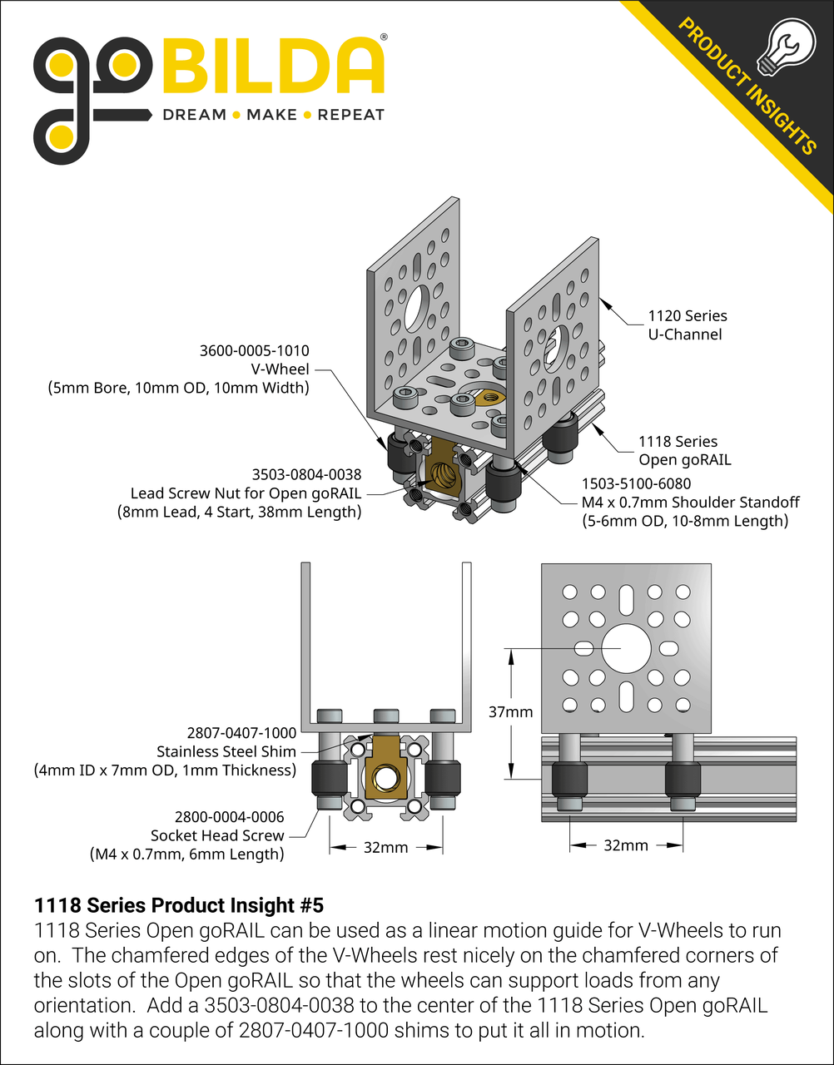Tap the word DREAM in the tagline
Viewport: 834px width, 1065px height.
click(194, 115)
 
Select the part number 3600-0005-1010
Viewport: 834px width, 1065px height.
click(254, 351)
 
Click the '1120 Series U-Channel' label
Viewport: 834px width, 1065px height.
click(687, 325)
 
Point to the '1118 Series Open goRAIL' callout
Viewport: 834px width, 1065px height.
click(678, 451)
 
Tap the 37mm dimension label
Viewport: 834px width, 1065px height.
click(510, 712)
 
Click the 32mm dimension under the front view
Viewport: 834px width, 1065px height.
click(386, 848)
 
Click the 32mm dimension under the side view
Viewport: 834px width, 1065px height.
click(625, 845)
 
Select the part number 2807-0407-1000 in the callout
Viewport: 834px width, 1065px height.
click(241, 733)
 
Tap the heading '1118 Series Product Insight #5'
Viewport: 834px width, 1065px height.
click(178, 905)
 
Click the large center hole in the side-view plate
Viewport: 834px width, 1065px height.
click(623, 647)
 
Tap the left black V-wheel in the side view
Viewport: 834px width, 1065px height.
click(569, 780)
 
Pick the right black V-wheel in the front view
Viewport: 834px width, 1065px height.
click(442, 780)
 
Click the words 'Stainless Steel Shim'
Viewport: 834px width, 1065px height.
click(226, 751)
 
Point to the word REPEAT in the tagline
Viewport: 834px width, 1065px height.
click(351, 115)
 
